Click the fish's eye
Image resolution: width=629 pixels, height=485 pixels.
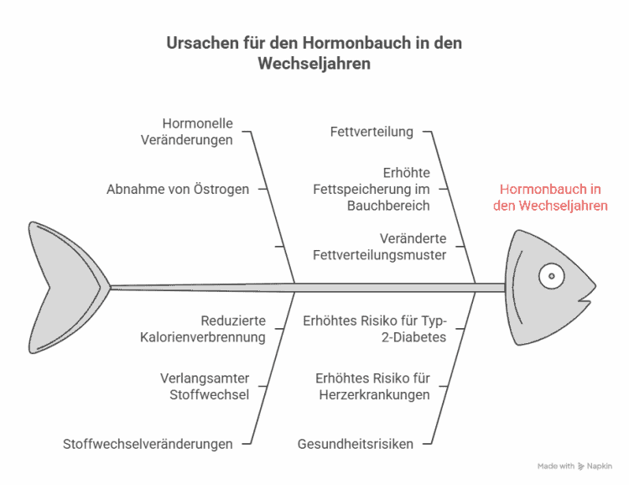click(x=551, y=276)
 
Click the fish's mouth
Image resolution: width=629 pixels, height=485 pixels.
click(x=584, y=300)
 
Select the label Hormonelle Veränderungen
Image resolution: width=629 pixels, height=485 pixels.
click(x=186, y=132)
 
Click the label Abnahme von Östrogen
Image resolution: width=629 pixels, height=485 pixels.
click(x=178, y=189)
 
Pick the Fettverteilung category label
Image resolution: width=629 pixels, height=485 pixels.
click(x=372, y=132)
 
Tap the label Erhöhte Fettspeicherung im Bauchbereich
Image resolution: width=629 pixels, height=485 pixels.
click(x=371, y=189)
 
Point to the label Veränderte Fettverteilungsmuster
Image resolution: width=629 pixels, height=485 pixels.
click(x=379, y=247)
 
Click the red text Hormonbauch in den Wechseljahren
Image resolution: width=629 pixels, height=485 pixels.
click(x=550, y=197)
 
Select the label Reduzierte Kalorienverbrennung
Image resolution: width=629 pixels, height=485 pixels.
click(x=203, y=329)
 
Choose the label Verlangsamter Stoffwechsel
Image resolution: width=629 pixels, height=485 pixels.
click(x=205, y=386)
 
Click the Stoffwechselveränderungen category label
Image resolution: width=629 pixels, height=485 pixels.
click(x=148, y=444)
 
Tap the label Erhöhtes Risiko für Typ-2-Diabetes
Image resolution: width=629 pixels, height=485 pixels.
click(x=375, y=329)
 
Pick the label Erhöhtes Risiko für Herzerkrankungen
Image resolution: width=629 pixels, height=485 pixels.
click(x=372, y=386)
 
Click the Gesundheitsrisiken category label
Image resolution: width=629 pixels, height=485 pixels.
click(x=356, y=444)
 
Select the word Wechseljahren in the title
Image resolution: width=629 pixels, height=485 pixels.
click(x=314, y=64)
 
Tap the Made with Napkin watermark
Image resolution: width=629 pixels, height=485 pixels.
click(x=574, y=467)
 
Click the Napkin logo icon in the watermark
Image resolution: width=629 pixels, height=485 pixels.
click(x=581, y=467)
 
